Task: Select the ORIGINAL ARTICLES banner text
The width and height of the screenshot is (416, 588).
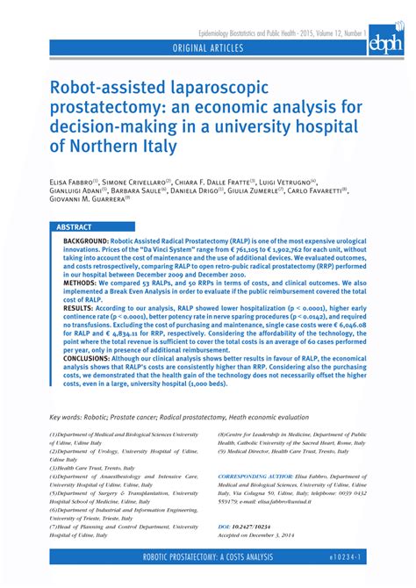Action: [x=209, y=47]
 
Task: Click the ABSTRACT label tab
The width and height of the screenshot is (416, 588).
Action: [x=75, y=226]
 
